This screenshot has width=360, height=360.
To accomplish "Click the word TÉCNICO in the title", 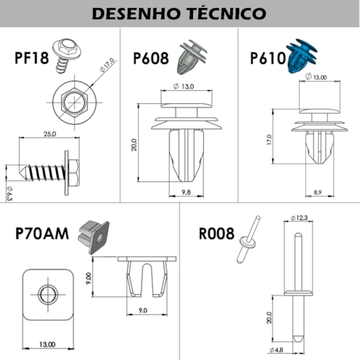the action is pos(226,13).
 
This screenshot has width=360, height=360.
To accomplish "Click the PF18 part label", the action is pos(32,58).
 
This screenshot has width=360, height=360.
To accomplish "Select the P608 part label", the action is pos(151,58).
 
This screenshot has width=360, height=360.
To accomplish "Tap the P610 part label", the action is pos(268,58).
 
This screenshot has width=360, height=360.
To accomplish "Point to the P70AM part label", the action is pos(42,234).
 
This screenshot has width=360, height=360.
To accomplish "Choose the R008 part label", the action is pos(217,234).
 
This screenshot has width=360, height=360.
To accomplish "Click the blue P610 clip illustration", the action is pos(302,56).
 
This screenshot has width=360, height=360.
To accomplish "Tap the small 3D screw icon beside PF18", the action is pos(66,56).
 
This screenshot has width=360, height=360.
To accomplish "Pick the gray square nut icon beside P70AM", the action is pos(94,238).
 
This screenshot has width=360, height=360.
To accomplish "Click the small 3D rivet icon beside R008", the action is pos(249,240).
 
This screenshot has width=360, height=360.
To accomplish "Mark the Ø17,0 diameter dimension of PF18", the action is pos(107,65).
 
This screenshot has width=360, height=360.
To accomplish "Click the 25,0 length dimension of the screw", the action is pos(50,134).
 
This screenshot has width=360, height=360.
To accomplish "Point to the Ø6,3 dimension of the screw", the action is pos(10,194).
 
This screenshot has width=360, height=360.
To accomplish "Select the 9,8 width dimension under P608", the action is pos(186,192).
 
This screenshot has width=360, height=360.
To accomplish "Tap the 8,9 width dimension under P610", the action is pos(317,192).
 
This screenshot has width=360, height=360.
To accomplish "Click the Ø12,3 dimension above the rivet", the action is pos(299,218).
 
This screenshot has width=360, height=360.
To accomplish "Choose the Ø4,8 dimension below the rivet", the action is pos(276,350).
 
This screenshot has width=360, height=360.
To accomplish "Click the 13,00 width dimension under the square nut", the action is pos(48,344).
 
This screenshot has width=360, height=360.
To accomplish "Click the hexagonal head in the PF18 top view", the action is pos(75,102).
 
